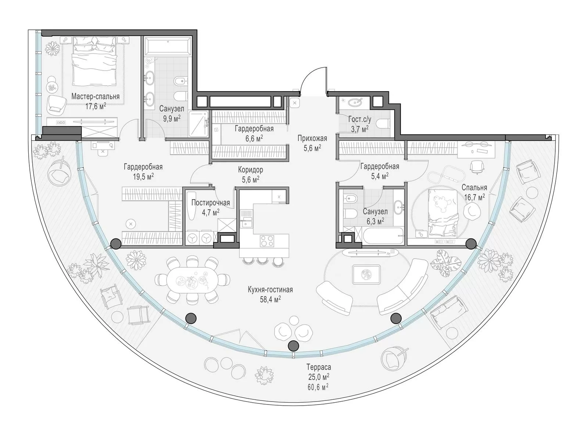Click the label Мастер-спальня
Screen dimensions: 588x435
96,96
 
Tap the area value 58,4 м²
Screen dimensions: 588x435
270,299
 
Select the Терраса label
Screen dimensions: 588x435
319,367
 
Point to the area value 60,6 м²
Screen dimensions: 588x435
318,387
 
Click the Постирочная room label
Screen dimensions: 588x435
211,203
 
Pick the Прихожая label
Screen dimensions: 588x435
312,139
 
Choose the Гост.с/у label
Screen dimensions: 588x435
360,119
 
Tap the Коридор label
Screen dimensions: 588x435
251,169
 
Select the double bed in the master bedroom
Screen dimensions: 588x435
95,61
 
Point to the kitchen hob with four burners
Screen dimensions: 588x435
267,241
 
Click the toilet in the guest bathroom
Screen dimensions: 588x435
384,123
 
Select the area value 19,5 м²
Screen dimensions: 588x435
143,177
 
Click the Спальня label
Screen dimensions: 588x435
474,188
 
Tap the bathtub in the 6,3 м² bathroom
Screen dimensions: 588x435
383,237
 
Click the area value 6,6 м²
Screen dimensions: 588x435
254,139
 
